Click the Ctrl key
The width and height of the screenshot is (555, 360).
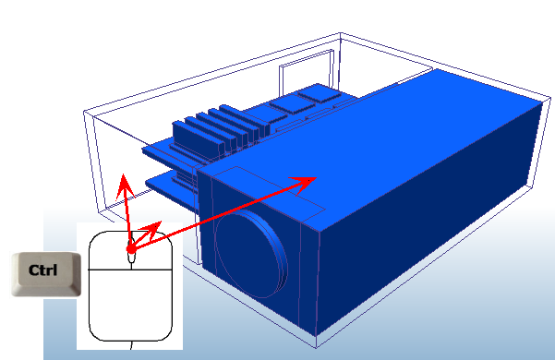(x=44, y=273)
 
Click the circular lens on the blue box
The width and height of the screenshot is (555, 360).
(x=248, y=253)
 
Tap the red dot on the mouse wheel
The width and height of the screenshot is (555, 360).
(x=131, y=247)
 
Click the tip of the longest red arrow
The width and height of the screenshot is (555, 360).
(x=317, y=176)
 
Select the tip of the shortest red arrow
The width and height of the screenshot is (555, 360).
(x=162, y=222)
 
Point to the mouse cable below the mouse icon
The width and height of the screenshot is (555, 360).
(x=131, y=345)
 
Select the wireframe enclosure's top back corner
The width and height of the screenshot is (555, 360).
(x=341, y=35)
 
